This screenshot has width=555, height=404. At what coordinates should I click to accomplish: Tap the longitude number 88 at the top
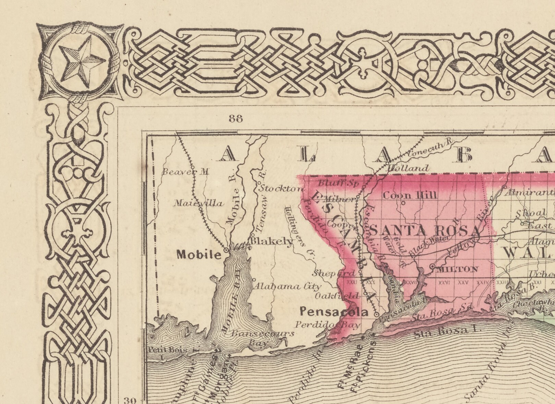[x=236, y=119]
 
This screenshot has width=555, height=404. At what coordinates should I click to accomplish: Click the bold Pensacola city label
[x=334, y=312]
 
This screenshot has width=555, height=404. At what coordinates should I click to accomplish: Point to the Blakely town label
[x=272, y=241]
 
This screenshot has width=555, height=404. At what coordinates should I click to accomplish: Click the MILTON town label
[x=457, y=269]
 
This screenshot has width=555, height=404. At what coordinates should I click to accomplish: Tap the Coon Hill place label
[x=410, y=195]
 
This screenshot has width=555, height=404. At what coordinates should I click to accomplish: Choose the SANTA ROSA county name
[x=425, y=231]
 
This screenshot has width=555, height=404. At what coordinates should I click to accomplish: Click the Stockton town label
[x=281, y=189]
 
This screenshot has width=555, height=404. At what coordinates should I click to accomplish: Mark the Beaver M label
[x=185, y=172]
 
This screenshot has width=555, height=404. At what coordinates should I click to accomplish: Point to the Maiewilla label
[x=198, y=203]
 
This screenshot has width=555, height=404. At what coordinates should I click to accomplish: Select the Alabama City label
[x=287, y=286]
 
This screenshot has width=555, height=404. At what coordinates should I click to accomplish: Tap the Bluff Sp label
[x=338, y=182]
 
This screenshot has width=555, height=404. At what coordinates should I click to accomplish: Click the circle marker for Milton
[x=432, y=266]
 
